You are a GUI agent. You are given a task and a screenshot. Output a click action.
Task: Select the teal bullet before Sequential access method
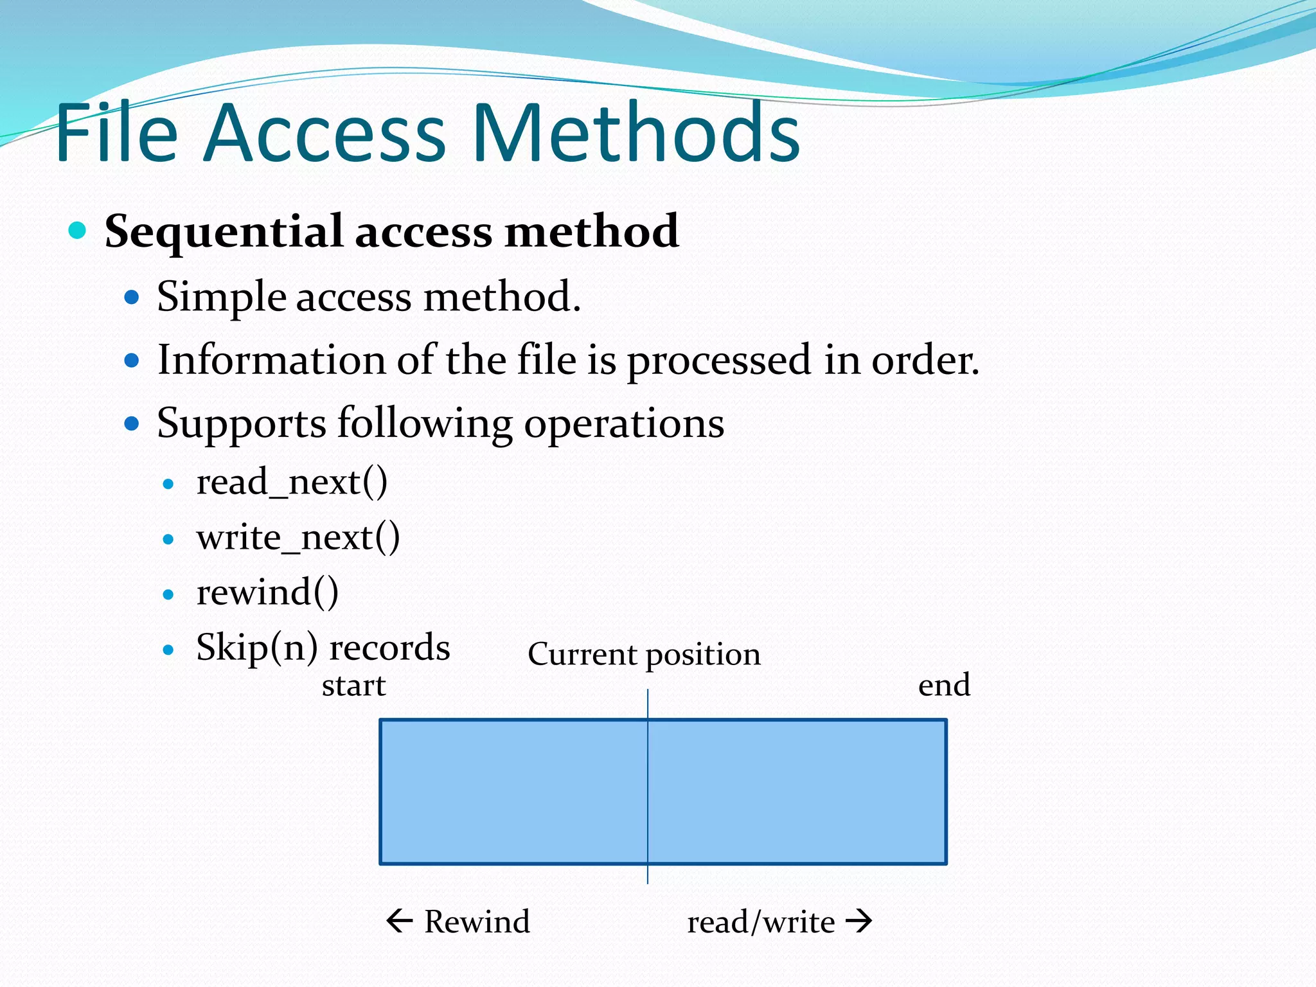tap(77, 230)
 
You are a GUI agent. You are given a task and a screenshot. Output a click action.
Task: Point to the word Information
tap(271, 360)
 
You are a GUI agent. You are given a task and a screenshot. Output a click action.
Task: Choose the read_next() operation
tap(292, 482)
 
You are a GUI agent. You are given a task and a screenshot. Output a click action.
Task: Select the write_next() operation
tap(298, 537)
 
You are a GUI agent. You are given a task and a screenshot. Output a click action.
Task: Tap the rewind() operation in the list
tap(267, 592)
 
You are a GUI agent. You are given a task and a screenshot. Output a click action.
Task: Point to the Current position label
tap(644, 655)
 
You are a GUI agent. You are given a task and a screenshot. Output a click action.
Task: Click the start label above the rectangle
tap(353, 686)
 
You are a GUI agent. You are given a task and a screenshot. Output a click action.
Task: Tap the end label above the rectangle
tap(944, 686)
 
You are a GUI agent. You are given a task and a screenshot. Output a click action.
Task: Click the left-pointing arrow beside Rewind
tap(399, 921)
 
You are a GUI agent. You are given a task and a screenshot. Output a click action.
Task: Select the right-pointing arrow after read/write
tap(859, 921)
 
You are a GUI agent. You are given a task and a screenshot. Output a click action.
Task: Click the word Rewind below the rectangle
tap(477, 921)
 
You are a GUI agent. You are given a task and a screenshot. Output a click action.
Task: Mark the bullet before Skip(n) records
tap(168, 650)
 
